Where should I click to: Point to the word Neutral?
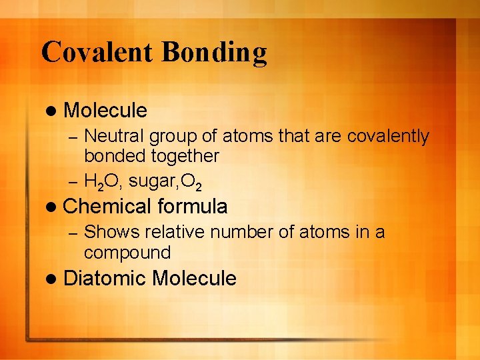tap(114, 137)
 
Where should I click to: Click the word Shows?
tap(111, 233)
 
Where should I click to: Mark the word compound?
tap(127, 253)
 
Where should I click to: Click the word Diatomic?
tap(105, 278)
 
